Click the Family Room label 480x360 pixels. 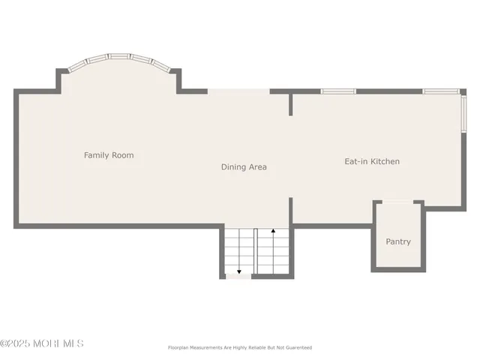109,155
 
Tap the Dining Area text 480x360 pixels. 244,166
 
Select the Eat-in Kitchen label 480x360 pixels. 372,161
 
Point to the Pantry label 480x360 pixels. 398,241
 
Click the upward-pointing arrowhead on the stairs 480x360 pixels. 273,232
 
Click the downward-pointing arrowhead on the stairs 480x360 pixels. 239,271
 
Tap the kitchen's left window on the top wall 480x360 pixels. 338,91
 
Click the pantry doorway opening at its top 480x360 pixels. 398,202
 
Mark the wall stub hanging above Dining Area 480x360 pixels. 291,104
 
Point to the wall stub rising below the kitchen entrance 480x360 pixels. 291,211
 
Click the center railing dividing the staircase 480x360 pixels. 256,251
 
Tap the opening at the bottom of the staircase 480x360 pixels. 238,277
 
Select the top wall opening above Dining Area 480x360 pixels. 238,91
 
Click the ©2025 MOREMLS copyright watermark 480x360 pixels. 42,343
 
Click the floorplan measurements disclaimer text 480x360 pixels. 238,348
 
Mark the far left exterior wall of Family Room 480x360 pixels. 16,157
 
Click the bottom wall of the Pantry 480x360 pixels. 398,268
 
